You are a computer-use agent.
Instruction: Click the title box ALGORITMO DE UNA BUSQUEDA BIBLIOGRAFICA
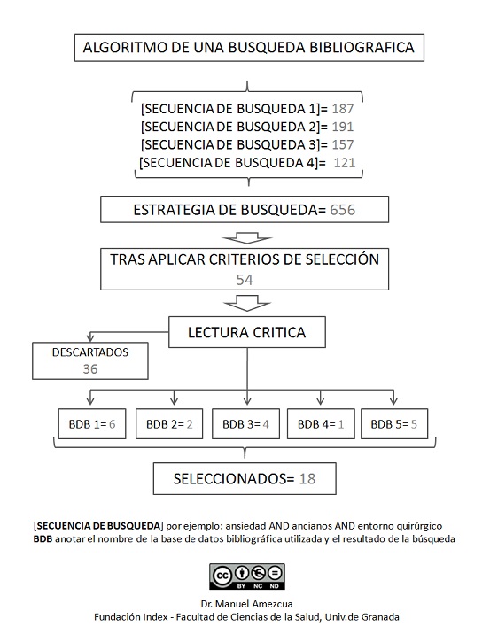click(x=248, y=48)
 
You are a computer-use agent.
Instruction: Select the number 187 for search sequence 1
click(x=342, y=109)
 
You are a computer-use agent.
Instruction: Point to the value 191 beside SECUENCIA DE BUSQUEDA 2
click(x=342, y=127)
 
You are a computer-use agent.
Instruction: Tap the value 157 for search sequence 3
click(x=342, y=144)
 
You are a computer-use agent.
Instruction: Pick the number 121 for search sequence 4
click(x=345, y=163)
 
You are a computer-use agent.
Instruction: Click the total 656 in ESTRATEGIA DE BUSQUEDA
click(x=346, y=210)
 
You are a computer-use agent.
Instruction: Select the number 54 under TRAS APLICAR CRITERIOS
click(x=245, y=278)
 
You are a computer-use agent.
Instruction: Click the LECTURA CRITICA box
click(x=247, y=333)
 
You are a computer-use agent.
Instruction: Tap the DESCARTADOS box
click(x=90, y=360)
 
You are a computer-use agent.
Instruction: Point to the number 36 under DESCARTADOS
click(x=90, y=368)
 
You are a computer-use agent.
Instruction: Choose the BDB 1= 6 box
click(x=87, y=423)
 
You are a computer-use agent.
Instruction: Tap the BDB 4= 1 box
click(x=320, y=423)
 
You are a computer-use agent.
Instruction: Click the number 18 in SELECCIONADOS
click(x=307, y=479)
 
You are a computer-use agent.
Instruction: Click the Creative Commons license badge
click(x=245, y=576)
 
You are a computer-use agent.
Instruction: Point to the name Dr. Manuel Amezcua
click(x=245, y=604)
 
